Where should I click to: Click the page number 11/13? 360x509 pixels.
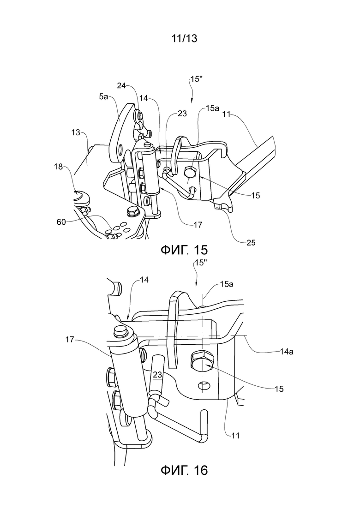[184, 38]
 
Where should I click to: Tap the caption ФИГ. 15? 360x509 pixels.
[184, 250]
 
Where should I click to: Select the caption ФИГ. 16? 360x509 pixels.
[184, 470]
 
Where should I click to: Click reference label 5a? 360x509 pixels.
[103, 96]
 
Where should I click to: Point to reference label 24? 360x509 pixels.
[121, 85]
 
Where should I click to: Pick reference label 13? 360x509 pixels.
[76, 132]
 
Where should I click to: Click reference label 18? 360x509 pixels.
[59, 167]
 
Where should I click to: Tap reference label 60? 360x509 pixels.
[61, 222]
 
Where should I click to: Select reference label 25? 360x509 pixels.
[251, 242]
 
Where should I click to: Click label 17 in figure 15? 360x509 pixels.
[198, 225]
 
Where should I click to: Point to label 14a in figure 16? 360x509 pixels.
[287, 351]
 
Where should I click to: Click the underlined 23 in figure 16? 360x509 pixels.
[157, 375]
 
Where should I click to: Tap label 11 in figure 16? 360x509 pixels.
[235, 435]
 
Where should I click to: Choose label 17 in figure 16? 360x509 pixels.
[70, 339]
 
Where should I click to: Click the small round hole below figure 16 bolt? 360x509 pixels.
[204, 386]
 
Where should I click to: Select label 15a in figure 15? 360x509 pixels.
[213, 108]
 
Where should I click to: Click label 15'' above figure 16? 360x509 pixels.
[200, 263]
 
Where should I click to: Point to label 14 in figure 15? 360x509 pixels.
[144, 98]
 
